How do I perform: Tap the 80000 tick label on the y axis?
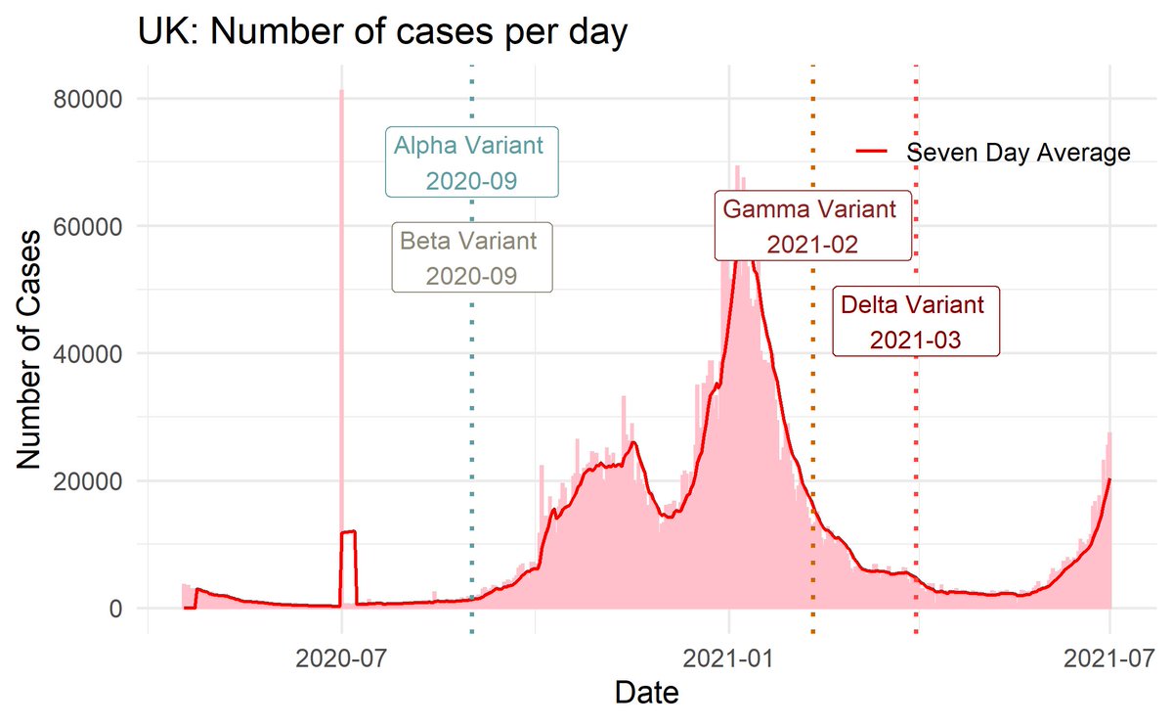pos(88,99)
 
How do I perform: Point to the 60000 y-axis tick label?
pos(88,226)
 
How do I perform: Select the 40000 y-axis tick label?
pos(88,353)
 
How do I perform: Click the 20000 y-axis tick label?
pos(88,481)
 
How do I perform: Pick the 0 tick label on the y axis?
pos(114,609)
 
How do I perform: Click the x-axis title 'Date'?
pos(646,694)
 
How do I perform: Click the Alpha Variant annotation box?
pos(472,162)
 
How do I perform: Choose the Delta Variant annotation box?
pos(916,321)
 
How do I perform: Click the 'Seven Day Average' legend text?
pos(1018,153)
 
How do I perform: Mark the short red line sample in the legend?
pos(872,153)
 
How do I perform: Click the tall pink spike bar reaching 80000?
pos(341,294)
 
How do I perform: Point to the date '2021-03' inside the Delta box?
pos(916,340)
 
